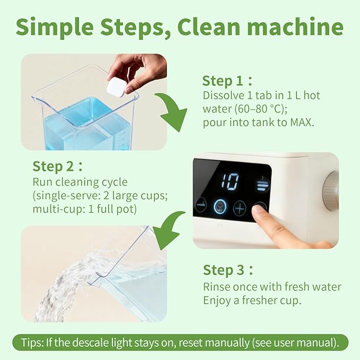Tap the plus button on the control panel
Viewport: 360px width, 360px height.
click(240, 207)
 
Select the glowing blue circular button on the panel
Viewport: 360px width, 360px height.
click(219, 207)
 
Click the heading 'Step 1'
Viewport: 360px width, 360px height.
click(223, 81)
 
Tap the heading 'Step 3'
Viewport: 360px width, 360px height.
click(224, 270)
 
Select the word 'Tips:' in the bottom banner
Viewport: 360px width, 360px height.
click(33, 341)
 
